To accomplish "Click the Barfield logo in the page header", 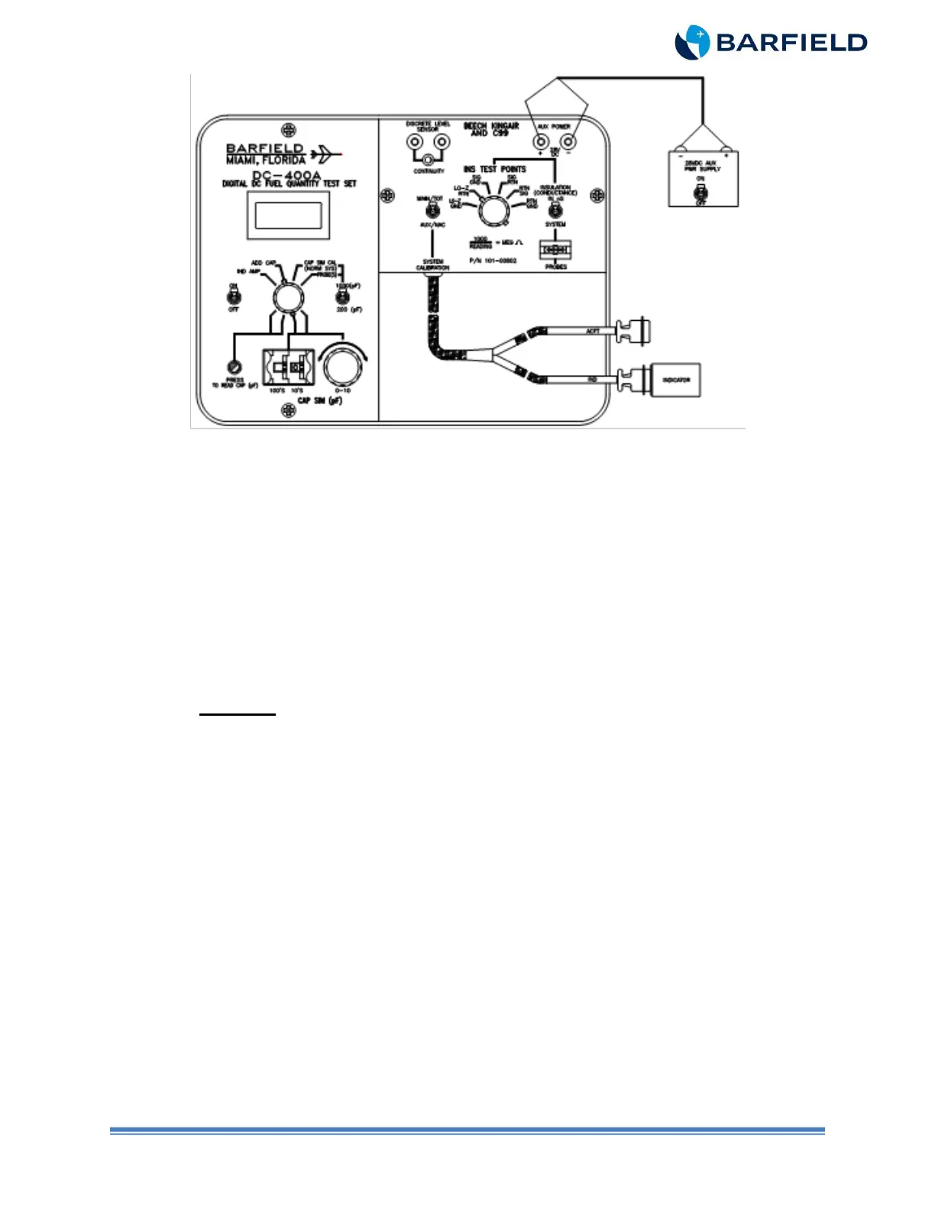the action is (x=770, y=42).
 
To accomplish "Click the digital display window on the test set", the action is (x=288, y=215).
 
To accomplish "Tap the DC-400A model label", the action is (x=286, y=175).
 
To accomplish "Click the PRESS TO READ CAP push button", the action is (x=235, y=366).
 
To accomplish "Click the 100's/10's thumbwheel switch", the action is (x=288, y=368).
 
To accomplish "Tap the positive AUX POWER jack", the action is (x=540, y=142).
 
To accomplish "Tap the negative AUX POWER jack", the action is (x=568, y=142).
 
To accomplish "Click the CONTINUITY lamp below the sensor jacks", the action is (x=429, y=160).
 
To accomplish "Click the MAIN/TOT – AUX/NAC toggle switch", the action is (x=432, y=211).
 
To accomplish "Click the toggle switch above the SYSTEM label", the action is (x=555, y=212).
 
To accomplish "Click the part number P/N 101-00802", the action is (x=493, y=260).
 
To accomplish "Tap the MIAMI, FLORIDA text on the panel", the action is (x=265, y=160).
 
